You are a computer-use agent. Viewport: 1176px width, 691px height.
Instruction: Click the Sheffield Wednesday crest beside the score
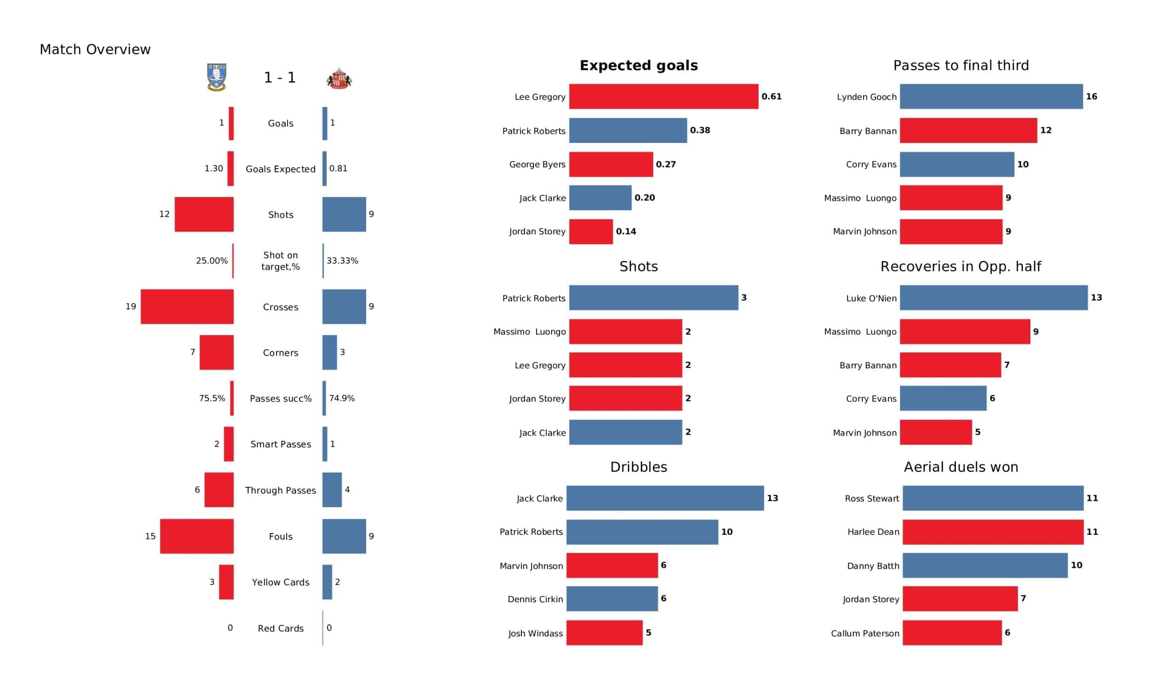[x=216, y=77]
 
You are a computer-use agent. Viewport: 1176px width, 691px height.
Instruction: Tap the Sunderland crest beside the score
[x=339, y=79]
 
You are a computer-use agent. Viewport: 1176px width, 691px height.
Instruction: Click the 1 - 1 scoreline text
[x=280, y=78]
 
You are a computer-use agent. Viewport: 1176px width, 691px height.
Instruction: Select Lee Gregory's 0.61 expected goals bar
[x=663, y=96]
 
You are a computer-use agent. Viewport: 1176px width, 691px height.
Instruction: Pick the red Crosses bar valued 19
[x=187, y=307]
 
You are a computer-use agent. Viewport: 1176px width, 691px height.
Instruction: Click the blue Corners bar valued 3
[x=329, y=352]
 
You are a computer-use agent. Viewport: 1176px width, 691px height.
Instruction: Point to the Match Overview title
[x=95, y=50]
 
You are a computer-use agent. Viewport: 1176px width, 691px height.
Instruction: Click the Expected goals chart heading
[x=639, y=65]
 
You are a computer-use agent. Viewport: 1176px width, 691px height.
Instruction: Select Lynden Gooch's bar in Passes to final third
[x=991, y=96]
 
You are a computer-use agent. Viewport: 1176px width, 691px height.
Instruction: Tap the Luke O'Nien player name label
[x=871, y=298]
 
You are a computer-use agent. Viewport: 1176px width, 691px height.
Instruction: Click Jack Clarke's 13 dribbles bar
[x=665, y=498]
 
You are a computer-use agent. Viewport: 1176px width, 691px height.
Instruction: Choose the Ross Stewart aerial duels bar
[x=993, y=498]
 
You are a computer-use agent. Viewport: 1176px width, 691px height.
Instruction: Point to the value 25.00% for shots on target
[x=212, y=261]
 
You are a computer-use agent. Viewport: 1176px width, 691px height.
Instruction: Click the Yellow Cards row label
[x=281, y=582]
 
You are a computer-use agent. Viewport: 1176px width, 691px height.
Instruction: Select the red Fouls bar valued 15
[x=197, y=537]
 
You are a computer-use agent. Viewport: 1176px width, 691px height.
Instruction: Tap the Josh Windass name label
[x=535, y=633]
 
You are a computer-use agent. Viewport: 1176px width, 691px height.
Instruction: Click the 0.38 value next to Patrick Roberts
[x=700, y=130]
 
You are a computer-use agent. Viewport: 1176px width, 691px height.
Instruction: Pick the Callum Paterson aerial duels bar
[x=951, y=633]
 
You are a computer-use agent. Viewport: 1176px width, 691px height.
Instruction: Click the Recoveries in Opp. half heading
[x=961, y=266]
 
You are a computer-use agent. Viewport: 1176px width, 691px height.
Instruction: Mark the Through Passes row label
[x=281, y=490]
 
